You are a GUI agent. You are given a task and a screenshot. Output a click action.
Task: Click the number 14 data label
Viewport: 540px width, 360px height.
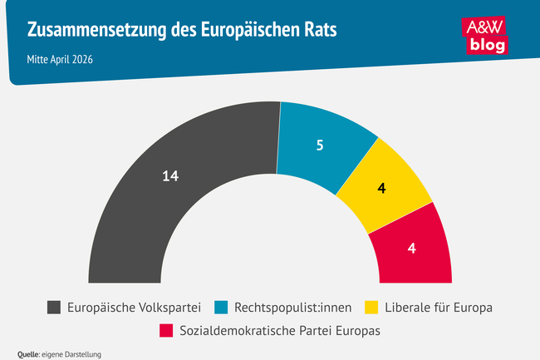click(170, 175)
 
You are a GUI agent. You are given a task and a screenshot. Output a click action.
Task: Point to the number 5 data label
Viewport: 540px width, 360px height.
click(320, 145)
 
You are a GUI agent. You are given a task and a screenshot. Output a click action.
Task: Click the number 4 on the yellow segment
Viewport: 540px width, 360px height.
click(381, 188)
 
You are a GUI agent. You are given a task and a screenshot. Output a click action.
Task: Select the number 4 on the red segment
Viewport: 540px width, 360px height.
click(412, 249)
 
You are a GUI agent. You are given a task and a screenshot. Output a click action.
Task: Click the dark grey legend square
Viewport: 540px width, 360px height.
click(54, 308)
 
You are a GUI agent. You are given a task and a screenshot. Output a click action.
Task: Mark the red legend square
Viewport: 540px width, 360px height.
click(166, 331)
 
